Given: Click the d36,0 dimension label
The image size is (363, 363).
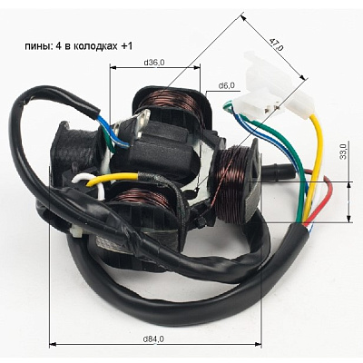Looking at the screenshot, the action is (154, 63).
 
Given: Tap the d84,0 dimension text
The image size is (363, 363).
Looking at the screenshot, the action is (153, 339).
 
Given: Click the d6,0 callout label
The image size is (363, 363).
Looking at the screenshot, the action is (227, 85).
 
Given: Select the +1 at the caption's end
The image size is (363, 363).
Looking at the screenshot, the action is (126, 46).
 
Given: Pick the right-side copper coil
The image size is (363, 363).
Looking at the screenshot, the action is (233, 184).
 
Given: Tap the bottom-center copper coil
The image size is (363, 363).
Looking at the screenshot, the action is (142, 199).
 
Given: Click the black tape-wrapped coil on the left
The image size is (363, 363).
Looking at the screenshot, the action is (75, 152).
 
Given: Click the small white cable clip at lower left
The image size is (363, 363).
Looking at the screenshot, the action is (74, 231).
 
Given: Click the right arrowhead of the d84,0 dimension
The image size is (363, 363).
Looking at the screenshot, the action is (259, 344).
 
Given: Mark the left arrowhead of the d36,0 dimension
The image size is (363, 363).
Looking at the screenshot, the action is (113, 68).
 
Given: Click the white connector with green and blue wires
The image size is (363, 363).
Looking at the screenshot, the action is (260, 103).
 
